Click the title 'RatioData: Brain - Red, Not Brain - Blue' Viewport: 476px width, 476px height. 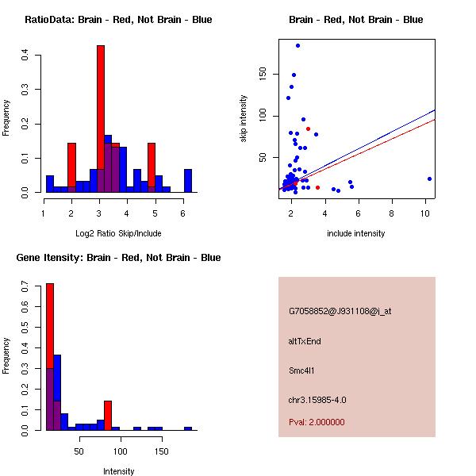point(118,20)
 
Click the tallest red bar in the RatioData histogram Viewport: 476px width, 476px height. point(101,119)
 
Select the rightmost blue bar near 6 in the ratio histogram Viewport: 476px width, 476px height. point(188,181)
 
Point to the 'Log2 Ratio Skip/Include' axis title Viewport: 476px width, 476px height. point(118,233)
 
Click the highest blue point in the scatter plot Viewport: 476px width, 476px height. point(297,45)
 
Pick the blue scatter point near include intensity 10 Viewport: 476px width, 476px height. point(429,178)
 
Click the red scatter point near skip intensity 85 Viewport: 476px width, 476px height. point(308,129)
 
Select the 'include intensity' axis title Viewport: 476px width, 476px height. point(356,233)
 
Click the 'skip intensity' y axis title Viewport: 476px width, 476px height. point(244,119)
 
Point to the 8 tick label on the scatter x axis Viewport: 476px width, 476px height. point(392,213)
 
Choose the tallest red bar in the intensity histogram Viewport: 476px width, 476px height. point(50,357)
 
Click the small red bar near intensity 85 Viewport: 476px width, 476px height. point(108,415)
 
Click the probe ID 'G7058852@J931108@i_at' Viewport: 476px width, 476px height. point(340,311)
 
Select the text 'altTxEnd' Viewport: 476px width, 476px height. point(305,341)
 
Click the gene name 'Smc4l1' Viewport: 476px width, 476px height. point(302,370)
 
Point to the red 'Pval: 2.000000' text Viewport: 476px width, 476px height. point(317,422)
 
